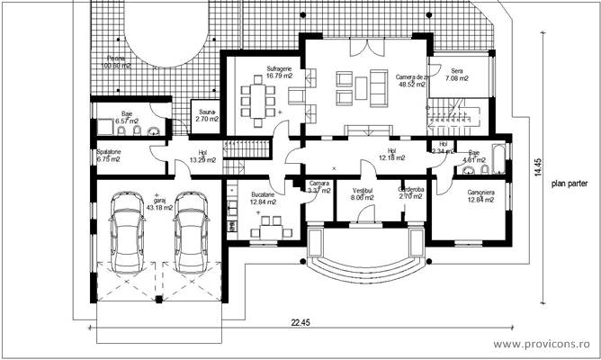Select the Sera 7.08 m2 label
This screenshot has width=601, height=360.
457,74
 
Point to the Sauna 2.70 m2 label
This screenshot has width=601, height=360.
207,115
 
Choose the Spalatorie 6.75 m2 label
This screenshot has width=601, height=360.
111,157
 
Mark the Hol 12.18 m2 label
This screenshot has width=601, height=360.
390,155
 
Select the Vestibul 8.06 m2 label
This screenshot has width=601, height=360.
363,195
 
